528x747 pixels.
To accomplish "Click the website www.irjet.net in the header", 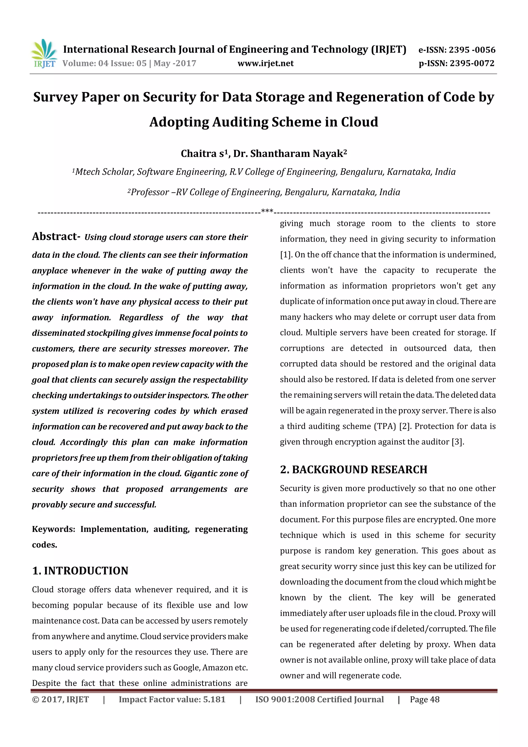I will (266, 63).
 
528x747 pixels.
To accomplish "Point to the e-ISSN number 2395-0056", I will (472, 50).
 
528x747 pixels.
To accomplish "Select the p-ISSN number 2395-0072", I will (472, 63).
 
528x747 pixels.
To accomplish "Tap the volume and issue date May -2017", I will (175, 63).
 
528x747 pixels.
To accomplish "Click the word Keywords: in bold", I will (53, 529).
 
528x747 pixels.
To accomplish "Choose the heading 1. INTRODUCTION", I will (80, 571).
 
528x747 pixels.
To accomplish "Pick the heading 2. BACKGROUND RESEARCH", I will (354, 470).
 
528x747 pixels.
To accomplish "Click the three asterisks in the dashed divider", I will (267, 211).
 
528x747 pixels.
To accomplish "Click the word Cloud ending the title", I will (359, 122).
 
